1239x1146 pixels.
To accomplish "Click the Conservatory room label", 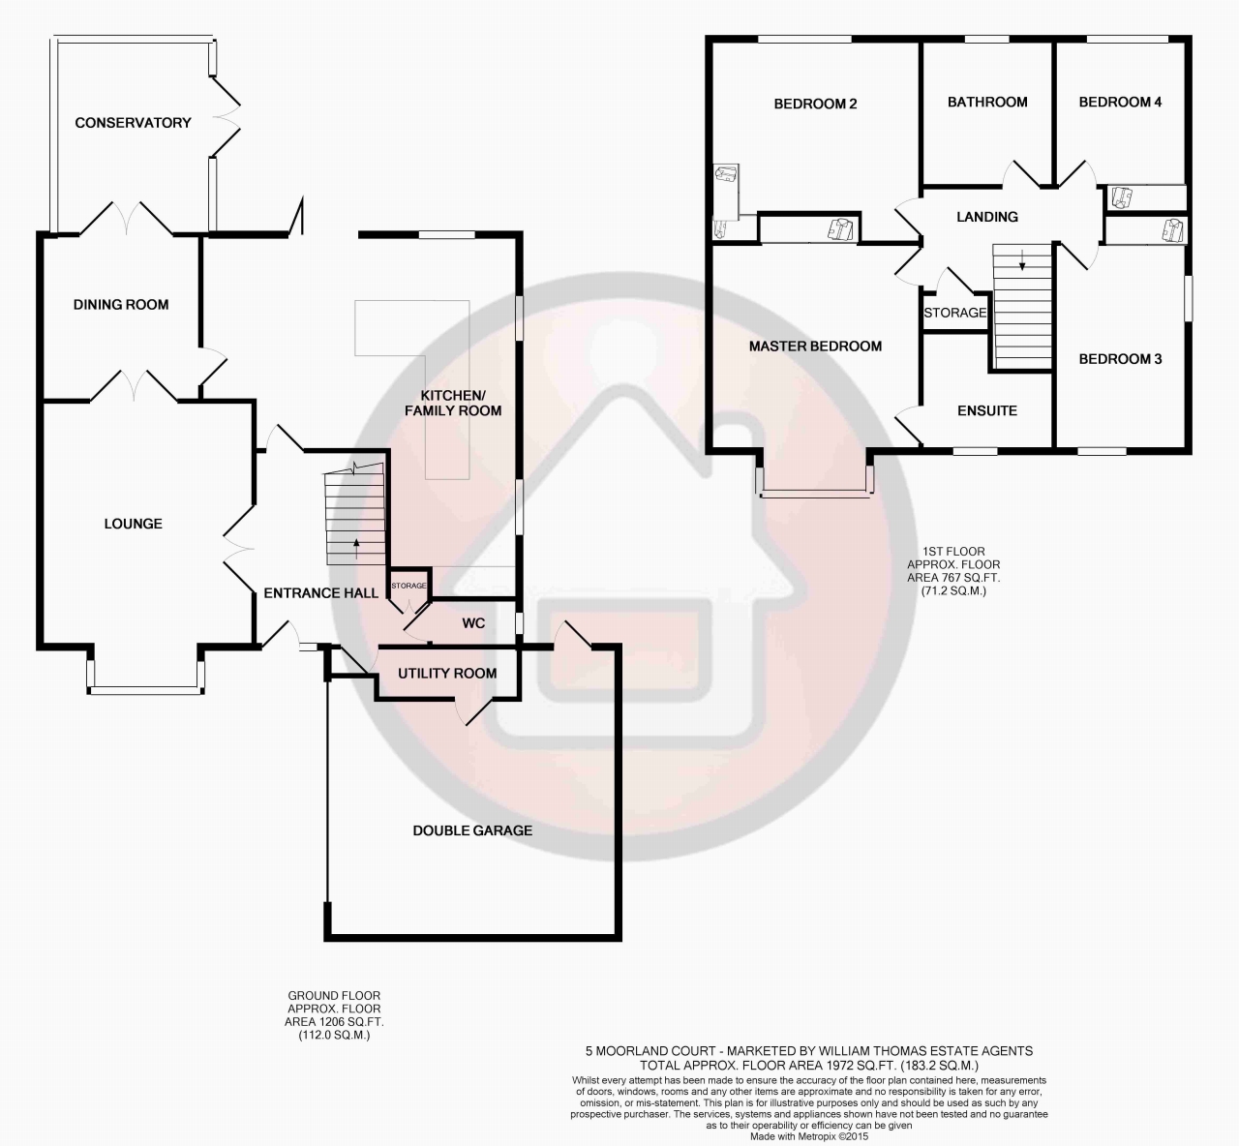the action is pos(133,123).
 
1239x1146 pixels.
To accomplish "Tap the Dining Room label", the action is pos(121,305).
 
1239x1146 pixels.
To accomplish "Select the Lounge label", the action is pos(133,524).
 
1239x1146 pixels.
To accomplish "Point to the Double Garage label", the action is pos(472,830).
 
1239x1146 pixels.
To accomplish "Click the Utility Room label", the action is pos(447,674).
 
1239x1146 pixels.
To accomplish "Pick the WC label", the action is pos(473,623).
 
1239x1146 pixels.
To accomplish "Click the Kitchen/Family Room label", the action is pos(461,403).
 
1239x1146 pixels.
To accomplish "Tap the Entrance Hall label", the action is pos(321,593).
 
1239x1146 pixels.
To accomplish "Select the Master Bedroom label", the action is pos(815,346).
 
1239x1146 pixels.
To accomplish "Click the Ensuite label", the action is pos(987,410).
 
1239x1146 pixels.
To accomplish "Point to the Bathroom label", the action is pos(987,102).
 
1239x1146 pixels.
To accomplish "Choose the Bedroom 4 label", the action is pos(1120,102).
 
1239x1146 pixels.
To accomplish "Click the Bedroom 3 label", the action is pos(1120,359).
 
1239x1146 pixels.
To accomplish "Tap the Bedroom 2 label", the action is pos(815,104).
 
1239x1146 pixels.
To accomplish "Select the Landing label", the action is pos(987,217).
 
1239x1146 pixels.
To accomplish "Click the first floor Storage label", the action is pos(955,313).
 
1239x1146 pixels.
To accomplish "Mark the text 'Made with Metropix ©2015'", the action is pos(809,1135).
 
